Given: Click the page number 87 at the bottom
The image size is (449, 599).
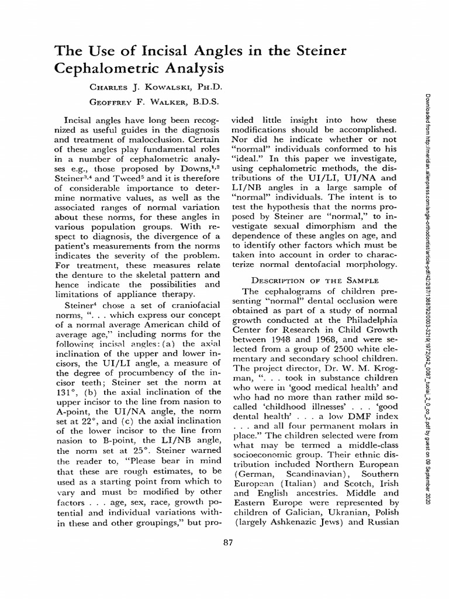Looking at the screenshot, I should (228, 542).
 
